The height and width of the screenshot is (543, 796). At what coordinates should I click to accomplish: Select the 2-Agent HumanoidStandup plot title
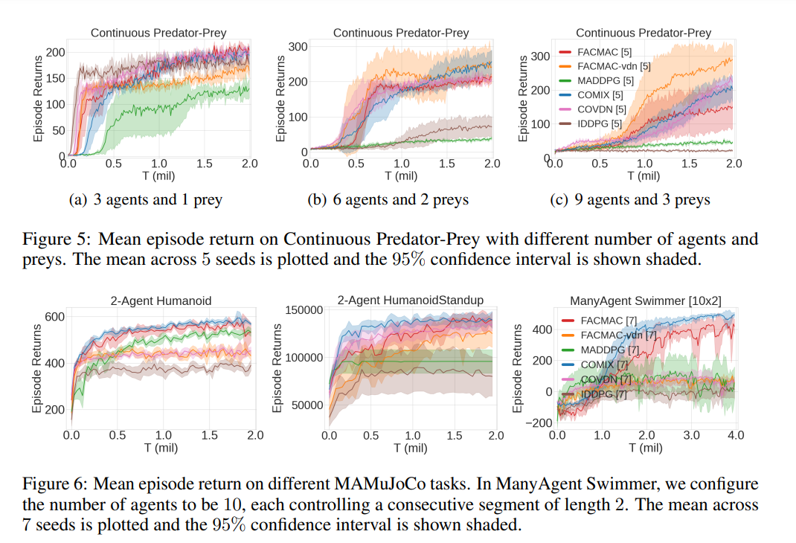(410, 300)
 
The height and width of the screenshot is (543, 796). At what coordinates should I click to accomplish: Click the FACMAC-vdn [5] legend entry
(613, 66)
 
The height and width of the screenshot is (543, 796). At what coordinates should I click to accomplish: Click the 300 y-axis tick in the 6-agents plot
(298, 47)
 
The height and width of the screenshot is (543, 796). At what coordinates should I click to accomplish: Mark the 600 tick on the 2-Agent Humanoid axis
(55, 316)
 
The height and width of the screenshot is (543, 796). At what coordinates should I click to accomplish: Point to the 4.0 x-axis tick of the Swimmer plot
(735, 434)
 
